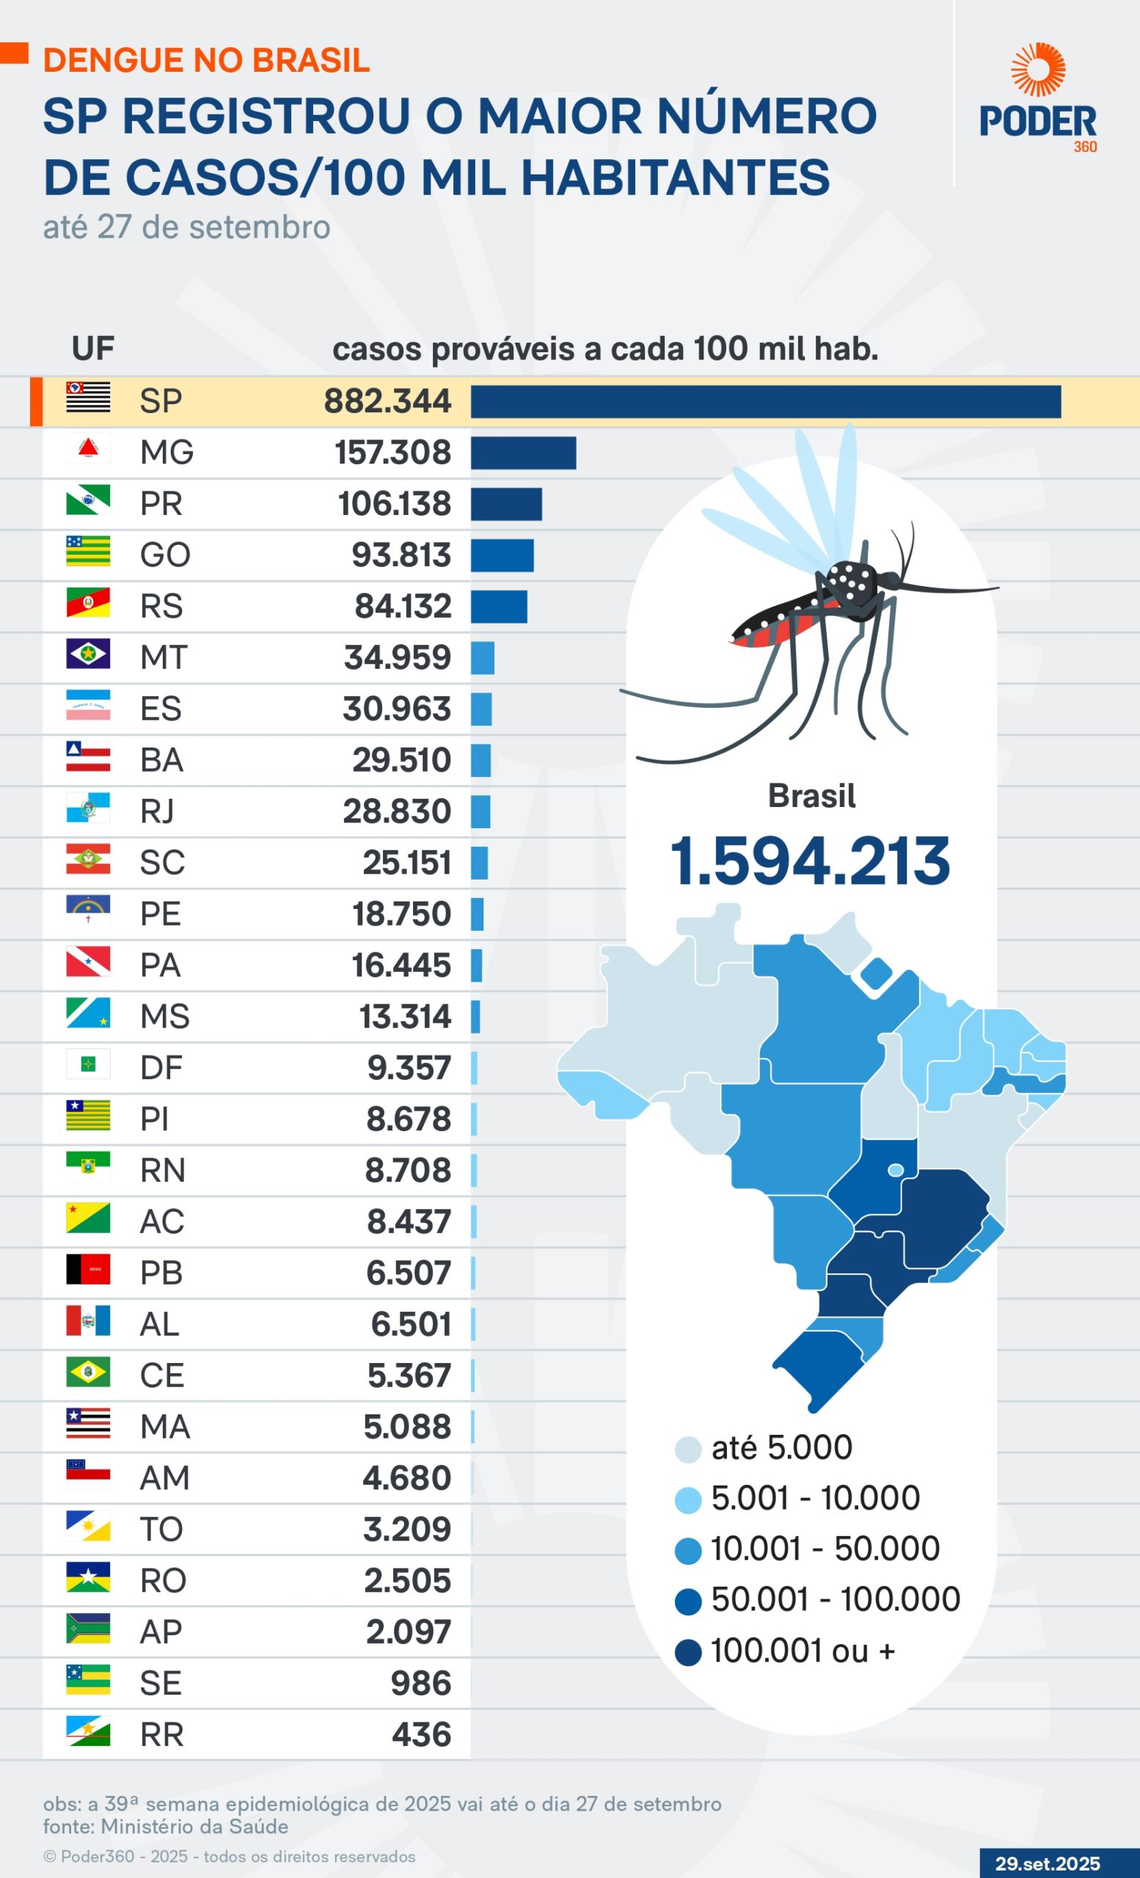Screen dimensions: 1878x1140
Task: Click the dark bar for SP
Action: coord(765,402)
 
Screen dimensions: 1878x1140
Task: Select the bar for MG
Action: coord(523,453)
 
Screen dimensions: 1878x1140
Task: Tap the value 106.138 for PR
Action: coord(394,504)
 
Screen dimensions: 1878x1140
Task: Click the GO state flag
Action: coord(87,551)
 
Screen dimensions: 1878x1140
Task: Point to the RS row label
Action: coord(161,607)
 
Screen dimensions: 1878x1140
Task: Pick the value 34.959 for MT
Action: coord(397,658)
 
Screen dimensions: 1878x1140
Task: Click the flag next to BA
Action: coord(87,757)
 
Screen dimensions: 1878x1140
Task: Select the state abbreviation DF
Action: coord(161,1068)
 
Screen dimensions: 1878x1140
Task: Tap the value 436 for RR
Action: coord(421,1735)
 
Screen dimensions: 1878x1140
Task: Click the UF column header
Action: coord(92,348)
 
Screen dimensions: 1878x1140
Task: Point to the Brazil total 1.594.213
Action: coord(810,862)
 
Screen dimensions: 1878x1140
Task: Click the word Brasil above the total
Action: coord(811,796)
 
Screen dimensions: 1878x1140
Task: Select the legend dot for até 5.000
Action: coord(687,1449)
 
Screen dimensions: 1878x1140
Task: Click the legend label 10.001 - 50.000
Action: coord(825,1549)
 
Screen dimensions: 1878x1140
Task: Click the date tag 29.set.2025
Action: coord(1047,1863)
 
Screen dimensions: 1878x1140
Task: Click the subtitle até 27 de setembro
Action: coord(186,227)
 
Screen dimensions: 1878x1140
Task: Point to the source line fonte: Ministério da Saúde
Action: coord(165,1826)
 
